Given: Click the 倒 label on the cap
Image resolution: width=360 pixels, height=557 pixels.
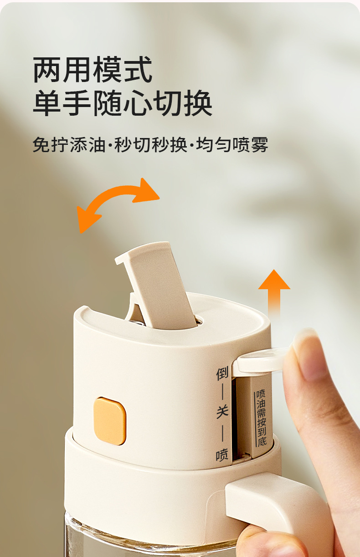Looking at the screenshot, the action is click(x=222, y=373).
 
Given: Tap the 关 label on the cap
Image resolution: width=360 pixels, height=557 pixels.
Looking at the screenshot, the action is click(x=222, y=412).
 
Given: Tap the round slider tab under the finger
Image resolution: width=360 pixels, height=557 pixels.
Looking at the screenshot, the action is click(x=260, y=360).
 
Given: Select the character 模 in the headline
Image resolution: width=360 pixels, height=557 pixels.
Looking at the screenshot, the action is click(x=108, y=69).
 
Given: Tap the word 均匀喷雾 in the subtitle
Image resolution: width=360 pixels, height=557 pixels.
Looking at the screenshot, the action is click(x=232, y=144).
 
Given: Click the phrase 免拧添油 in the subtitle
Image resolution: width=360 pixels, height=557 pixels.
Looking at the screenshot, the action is click(x=69, y=144).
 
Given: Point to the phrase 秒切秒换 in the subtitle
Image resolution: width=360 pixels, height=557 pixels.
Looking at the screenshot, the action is click(x=150, y=144).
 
